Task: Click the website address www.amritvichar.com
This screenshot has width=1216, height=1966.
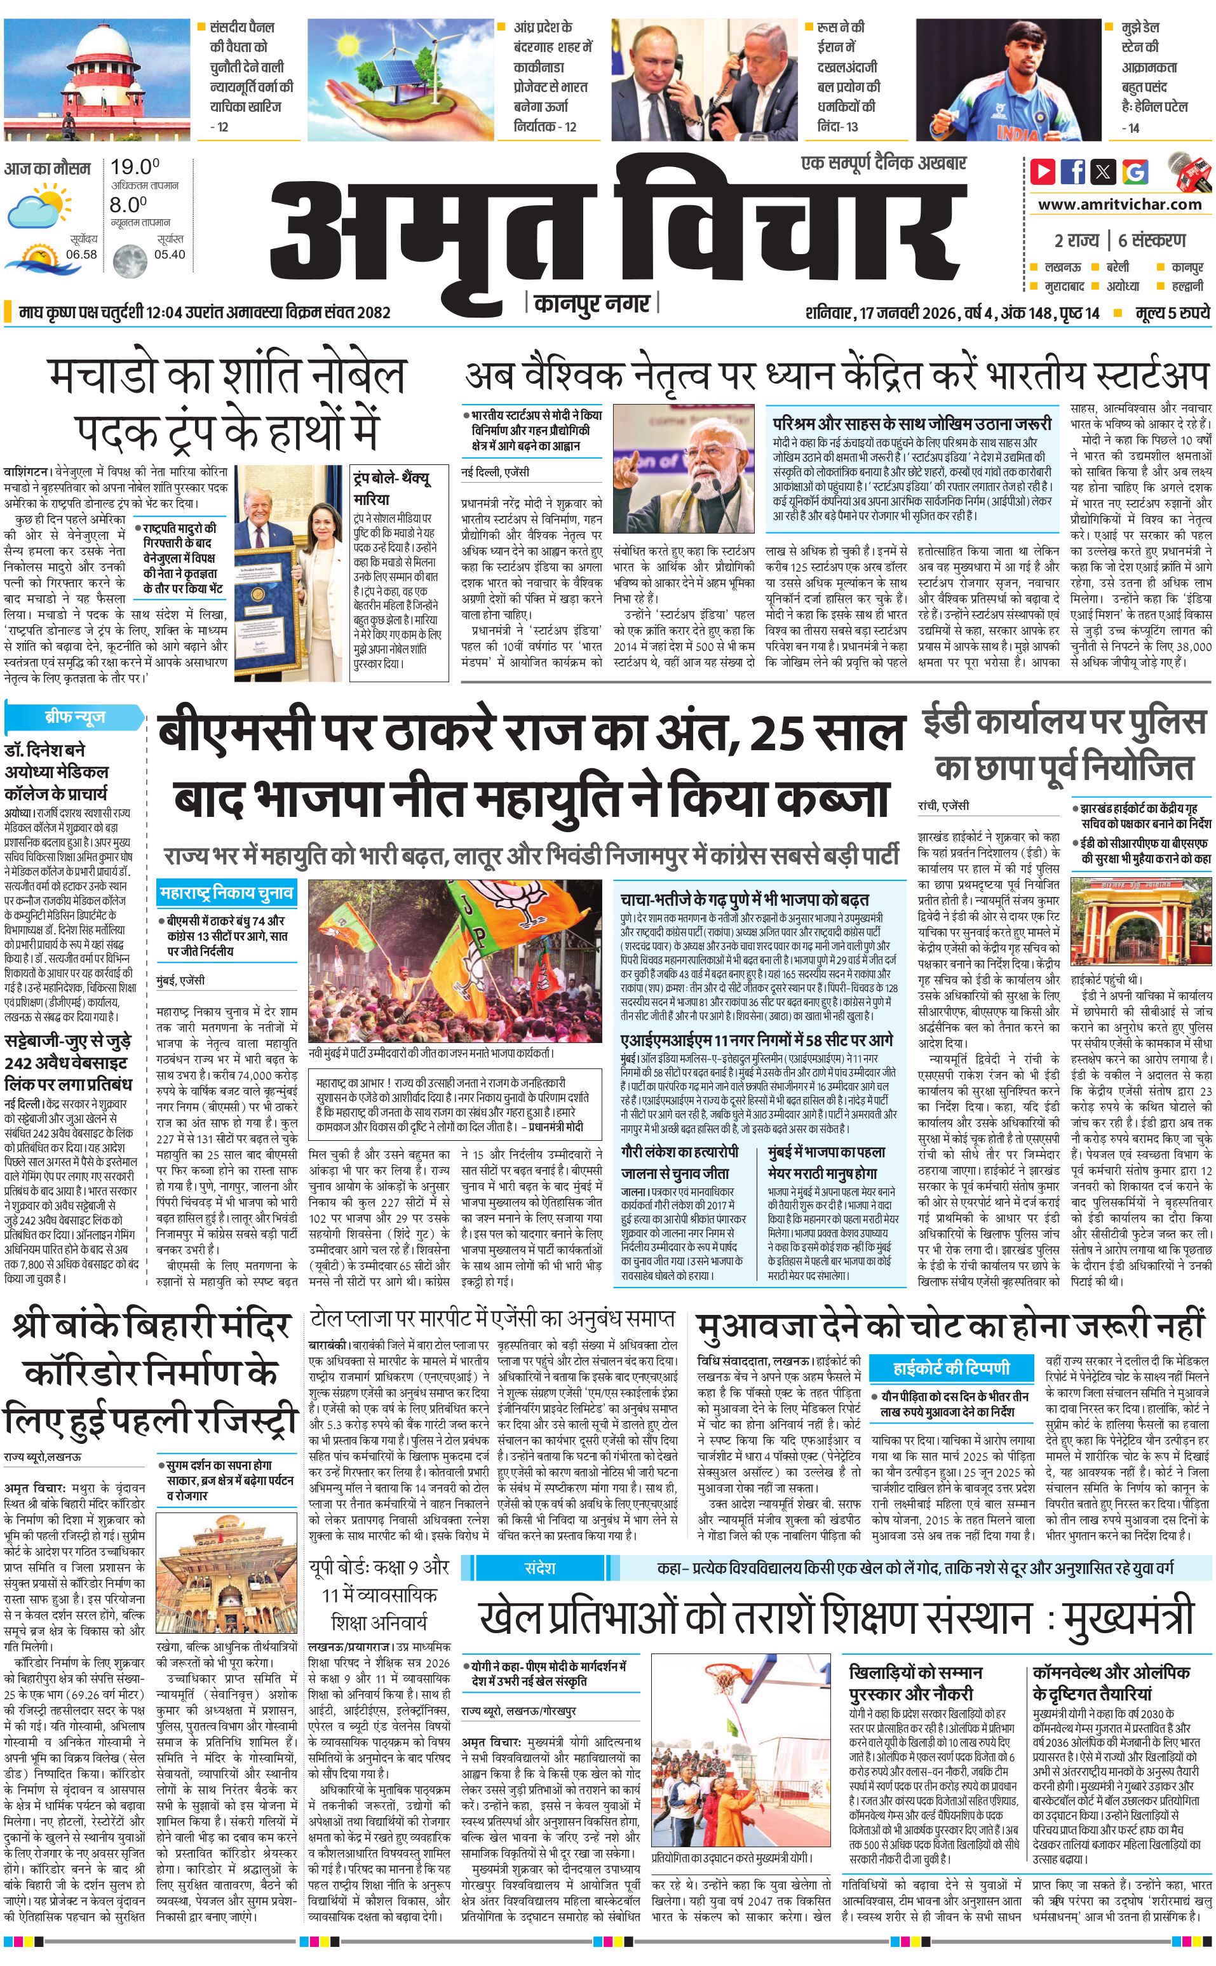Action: (1119, 205)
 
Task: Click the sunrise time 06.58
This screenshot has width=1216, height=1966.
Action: (81, 254)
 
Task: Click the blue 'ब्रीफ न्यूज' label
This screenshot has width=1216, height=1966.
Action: (75, 717)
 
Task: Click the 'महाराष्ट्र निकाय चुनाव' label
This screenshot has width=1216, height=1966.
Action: (226, 892)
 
